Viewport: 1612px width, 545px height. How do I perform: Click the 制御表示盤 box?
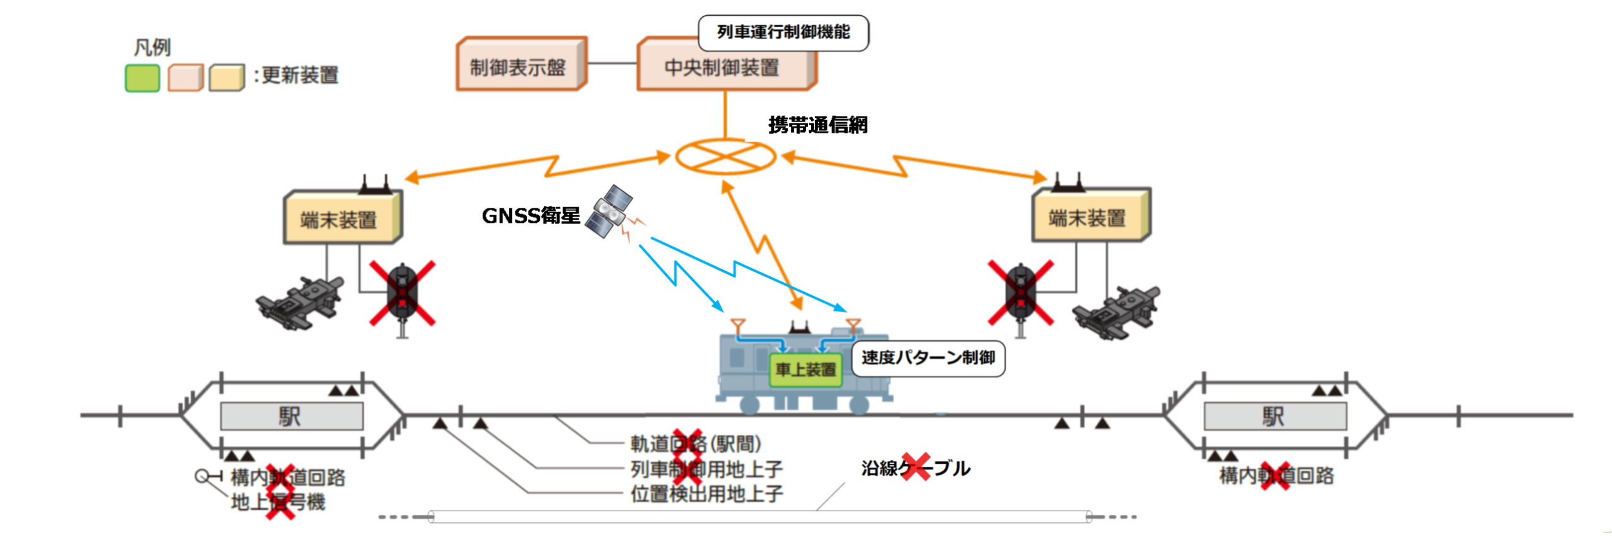click(x=520, y=65)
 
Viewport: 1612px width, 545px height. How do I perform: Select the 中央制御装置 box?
click(x=724, y=67)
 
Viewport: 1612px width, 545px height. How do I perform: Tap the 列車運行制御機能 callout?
click(x=783, y=33)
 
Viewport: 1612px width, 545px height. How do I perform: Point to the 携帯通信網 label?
click(x=817, y=125)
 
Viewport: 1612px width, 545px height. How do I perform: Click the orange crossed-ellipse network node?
click(x=725, y=156)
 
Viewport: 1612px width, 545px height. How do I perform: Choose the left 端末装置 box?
click(x=341, y=218)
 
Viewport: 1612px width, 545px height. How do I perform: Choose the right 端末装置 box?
click(x=1089, y=217)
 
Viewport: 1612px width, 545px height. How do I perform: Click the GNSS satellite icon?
click(x=609, y=211)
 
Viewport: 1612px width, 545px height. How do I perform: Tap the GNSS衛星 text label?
click(x=530, y=216)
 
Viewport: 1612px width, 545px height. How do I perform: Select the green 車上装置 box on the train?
click(x=805, y=369)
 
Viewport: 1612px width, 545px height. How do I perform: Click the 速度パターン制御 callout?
click(x=928, y=358)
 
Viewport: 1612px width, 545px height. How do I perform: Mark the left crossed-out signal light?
click(x=402, y=293)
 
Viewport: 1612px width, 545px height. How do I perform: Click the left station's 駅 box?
click(x=292, y=416)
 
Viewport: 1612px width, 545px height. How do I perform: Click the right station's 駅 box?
click(x=1274, y=416)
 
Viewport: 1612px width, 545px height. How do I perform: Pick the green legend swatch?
click(x=142, y=78)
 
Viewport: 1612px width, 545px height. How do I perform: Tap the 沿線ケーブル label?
click(x=915, y=468)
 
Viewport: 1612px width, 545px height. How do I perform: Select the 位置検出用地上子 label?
click(x=707, y=494)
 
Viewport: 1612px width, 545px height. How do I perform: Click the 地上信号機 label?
click(x=278, y=502)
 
